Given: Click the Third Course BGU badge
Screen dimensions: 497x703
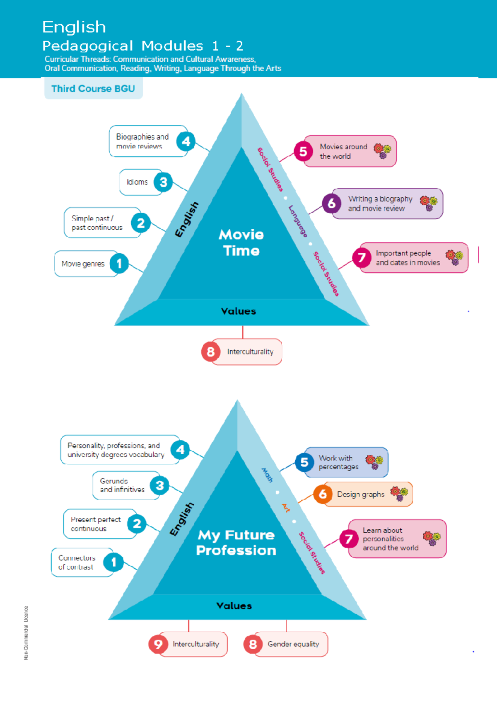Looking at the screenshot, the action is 94,89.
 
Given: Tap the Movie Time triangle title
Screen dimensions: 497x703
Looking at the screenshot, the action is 241,242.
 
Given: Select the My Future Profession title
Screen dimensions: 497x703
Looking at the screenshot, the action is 236,543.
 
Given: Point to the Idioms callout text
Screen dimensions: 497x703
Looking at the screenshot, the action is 137,182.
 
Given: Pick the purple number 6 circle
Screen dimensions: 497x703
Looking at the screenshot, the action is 332,204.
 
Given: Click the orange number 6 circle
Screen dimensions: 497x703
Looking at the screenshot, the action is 323,494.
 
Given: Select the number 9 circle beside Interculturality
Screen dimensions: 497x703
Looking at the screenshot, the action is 158,644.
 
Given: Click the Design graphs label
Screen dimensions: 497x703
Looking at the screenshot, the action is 361,494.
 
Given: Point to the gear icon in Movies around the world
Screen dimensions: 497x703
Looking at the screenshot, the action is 383,151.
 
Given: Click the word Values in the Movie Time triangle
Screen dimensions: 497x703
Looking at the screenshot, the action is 238,311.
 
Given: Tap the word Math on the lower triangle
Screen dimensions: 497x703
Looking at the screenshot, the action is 267,475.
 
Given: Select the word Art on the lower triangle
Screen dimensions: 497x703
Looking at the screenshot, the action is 286,508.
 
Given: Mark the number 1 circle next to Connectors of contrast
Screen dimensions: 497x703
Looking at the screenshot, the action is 113,562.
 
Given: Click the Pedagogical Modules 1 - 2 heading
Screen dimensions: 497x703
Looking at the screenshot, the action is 143,46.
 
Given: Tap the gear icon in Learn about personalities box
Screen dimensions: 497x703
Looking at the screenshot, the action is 432,538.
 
